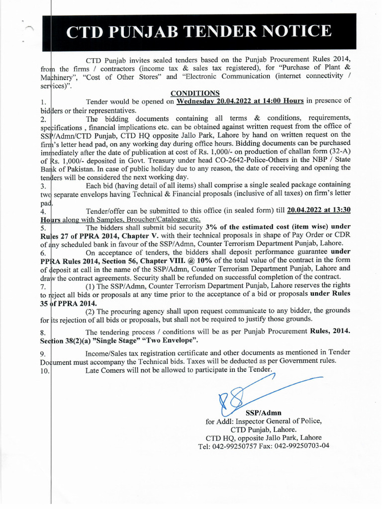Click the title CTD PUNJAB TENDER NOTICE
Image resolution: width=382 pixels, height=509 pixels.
click(x=198, y=31)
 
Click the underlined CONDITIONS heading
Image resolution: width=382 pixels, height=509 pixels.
click(x=195, y=93)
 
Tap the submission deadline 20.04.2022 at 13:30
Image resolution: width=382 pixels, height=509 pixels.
click(x=326, y=210)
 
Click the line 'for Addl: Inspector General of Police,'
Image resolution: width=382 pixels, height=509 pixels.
click(x=264, y=421)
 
